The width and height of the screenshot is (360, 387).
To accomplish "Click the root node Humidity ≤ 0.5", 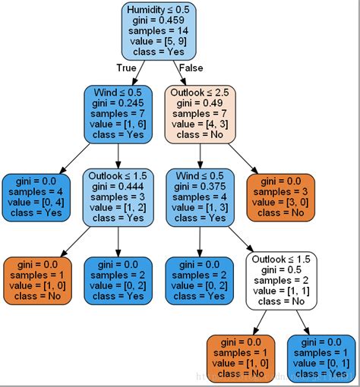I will (158, 31).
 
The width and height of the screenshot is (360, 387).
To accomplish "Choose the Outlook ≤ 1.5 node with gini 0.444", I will (118, 197).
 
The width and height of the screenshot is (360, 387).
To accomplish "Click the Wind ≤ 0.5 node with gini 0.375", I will (200, 197).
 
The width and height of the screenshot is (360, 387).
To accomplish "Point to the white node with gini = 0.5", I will (281, 281).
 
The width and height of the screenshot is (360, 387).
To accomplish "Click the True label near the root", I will (127, 68).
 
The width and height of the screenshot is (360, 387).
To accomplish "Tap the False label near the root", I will (190, 68).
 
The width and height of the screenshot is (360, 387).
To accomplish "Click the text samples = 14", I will (158, 31).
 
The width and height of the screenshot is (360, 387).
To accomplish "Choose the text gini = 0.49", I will (200, 101).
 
